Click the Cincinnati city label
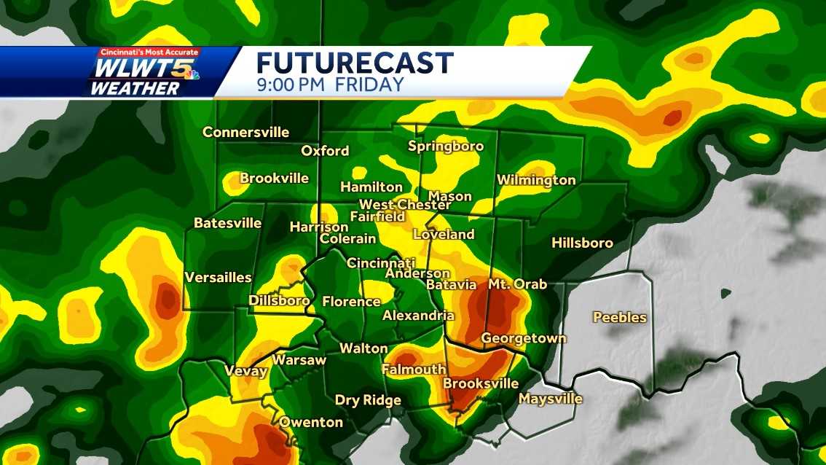pos(380,262)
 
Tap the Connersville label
pos(245,133)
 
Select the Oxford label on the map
pos(325,151)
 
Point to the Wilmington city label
pos(536,180)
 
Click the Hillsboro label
pos(582,243)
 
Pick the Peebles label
pos(619,317)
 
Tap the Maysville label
pos(550,399)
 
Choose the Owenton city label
pos(311,422)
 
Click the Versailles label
pos(218,277)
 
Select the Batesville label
pos(227,223)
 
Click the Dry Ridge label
pos(368,400)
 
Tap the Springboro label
pos(446,146)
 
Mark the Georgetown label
pos(523,338)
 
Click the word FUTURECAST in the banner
pos(355,63)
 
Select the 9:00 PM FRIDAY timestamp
pos(330,84)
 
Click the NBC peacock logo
pos(192,71)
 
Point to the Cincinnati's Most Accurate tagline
pos(149,52)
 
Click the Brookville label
pos(275,179)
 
